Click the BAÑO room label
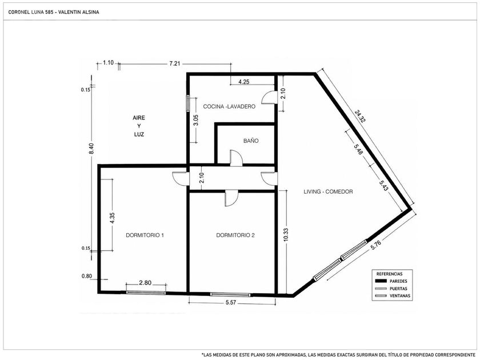click(x=251, y=141)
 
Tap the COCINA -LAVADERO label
click(x=229, y=106)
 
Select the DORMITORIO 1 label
click(x=145, y=235)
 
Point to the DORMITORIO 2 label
click(x=235, y=235)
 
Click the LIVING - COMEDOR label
click(x=328, y=191)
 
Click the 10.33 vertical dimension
click(x=286, y=235)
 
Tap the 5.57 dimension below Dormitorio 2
click(x=231, y=302)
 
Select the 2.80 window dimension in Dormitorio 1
click(x=145, y=282)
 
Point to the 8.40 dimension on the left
click(x=91, y=149)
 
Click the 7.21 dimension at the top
click(x=174, y=63)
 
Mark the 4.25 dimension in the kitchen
click(x=244, y=82)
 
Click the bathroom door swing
click(x=236, y=158)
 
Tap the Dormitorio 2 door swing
click(x=231, y=198)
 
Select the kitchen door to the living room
click(x=269, y=98)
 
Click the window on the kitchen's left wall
click(x=188, y=103)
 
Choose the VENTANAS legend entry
click(x=393, y=296)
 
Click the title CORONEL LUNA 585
click(x=31, y=12)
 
